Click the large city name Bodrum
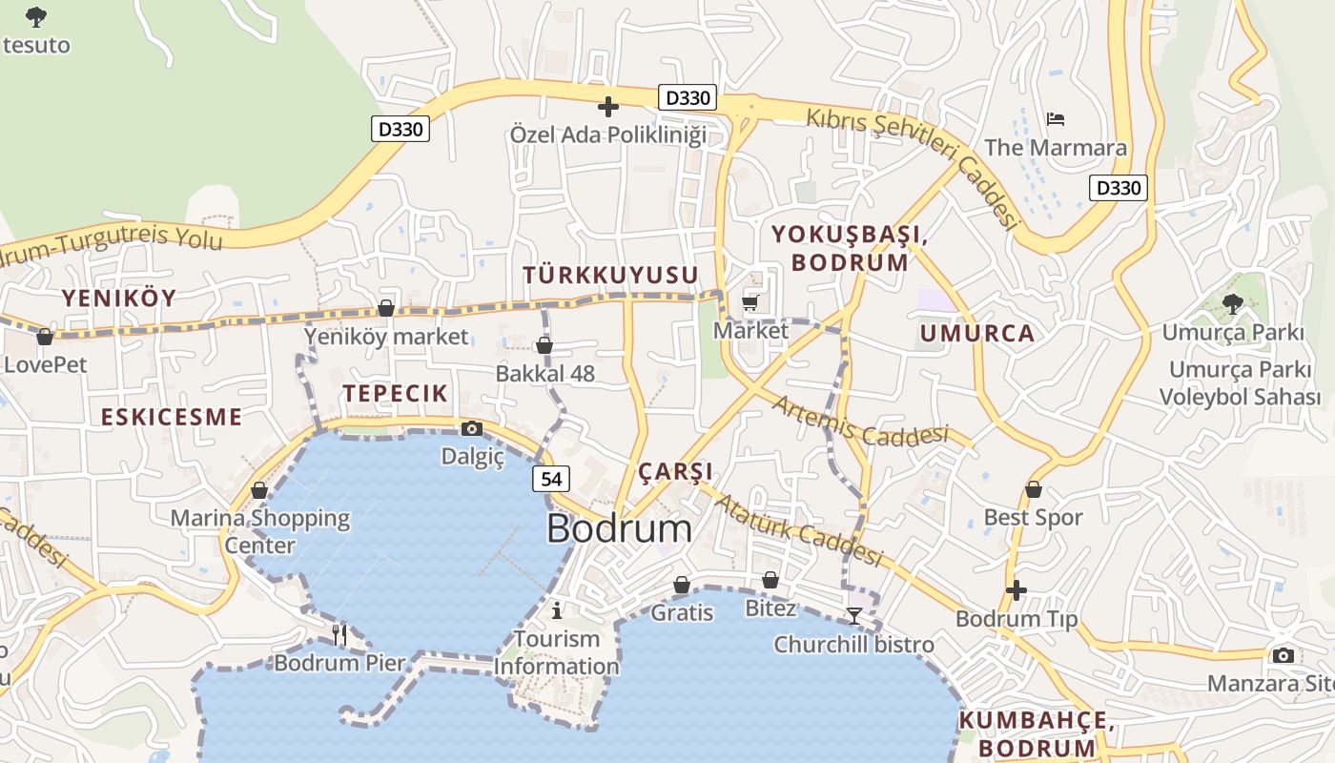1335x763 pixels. click(619, 530)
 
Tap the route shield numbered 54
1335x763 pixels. click(551, 479)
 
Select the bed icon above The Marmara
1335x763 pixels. click(1056, 119)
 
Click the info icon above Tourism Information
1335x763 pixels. click(557, 609)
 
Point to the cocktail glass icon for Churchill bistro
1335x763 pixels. click(853, 616)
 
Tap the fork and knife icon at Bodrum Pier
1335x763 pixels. click(339, 632)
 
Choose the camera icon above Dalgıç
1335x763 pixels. click(471, 429)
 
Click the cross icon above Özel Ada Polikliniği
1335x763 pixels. click(607, 106)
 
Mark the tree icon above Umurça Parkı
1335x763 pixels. click(1232, 304)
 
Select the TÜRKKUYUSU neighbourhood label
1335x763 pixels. click(610, 276)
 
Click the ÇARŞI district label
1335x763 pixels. click(675, 472)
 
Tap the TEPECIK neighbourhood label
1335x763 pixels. click(395, 393)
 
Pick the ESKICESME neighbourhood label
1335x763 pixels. click(172, 417)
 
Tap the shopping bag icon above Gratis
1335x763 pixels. click(682, 584)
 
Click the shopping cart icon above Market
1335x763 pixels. click(750, 303)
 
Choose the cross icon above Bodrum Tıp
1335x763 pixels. click(1017, 590)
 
